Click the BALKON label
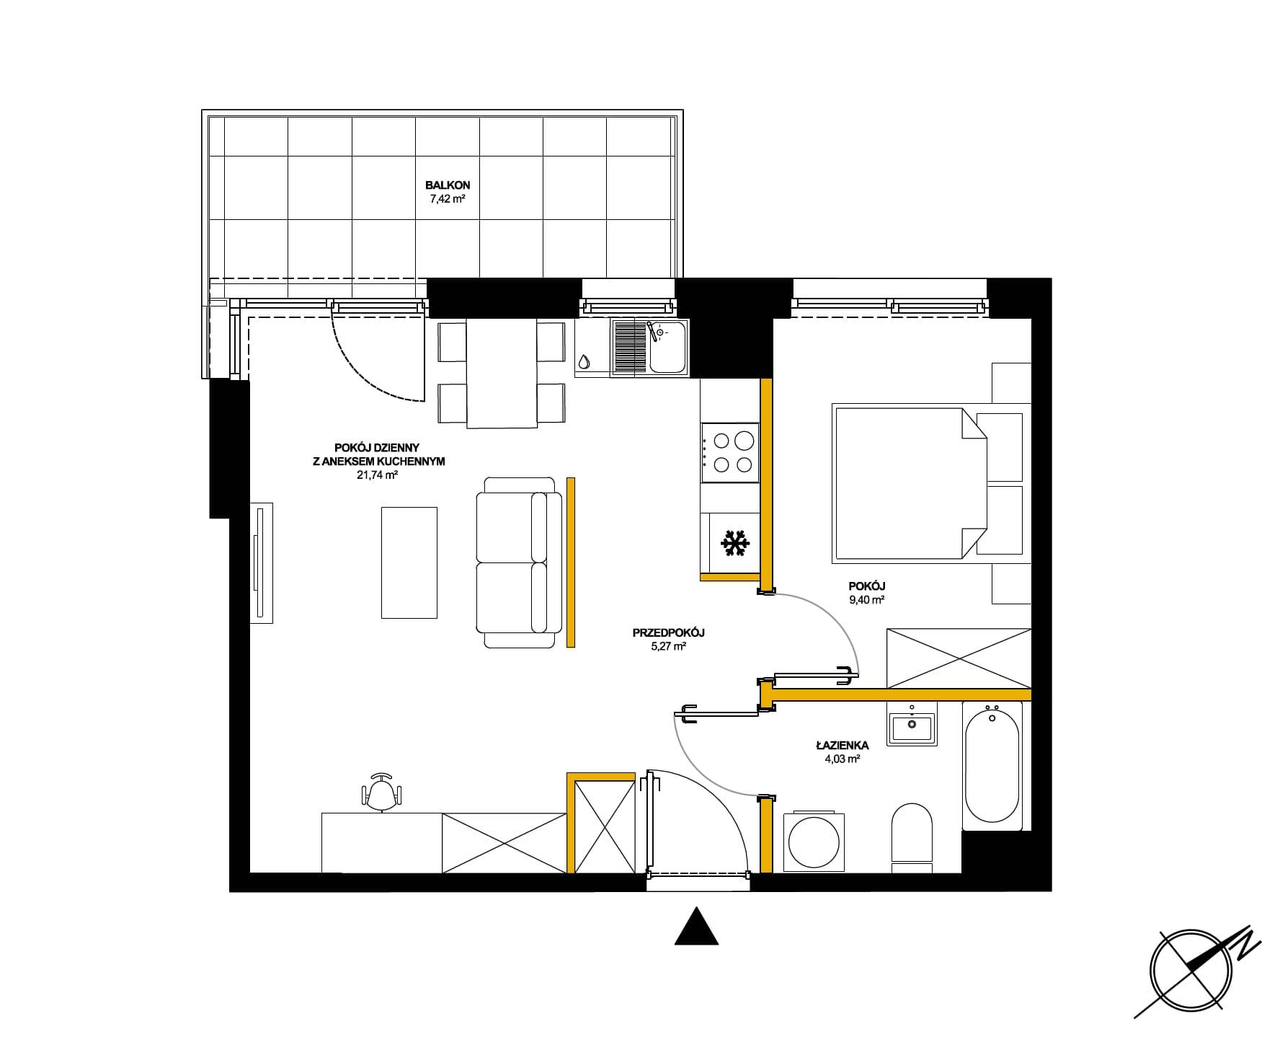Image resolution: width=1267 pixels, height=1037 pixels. [447, 185]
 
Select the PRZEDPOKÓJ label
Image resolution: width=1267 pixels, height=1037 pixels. [668, 632]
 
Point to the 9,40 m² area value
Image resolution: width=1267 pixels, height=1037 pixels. [866, 599]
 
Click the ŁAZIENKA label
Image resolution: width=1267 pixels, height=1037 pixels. [842, 746]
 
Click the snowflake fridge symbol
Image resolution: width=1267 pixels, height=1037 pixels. [735, 543]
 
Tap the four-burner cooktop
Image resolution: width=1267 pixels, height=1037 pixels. [730, 453]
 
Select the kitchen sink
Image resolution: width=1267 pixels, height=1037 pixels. [650, 348]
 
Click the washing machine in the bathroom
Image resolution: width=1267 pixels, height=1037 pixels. [814, 842]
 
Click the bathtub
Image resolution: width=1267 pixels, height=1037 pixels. [992, 765]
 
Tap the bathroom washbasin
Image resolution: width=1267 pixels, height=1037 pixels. [912, 727]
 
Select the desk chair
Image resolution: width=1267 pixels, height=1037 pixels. [381, 791]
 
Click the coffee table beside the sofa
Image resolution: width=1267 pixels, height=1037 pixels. [409, 562]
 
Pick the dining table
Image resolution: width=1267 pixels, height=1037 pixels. [502, 373]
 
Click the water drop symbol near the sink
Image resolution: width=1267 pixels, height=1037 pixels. [584, 361]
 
